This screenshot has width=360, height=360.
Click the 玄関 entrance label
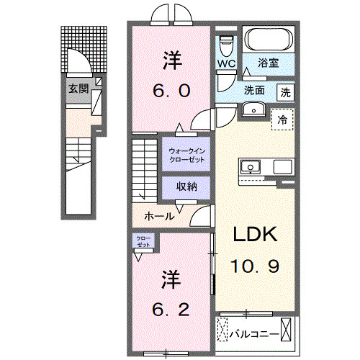(78, 89)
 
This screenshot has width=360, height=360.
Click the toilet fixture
(227, 45)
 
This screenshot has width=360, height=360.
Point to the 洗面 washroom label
(253, 91)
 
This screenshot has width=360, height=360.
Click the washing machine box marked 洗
(286, 92)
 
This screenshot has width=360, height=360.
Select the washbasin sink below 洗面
(253, 109)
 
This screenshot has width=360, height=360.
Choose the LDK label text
(254, 235)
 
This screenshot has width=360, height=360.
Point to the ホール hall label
(158, 216)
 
